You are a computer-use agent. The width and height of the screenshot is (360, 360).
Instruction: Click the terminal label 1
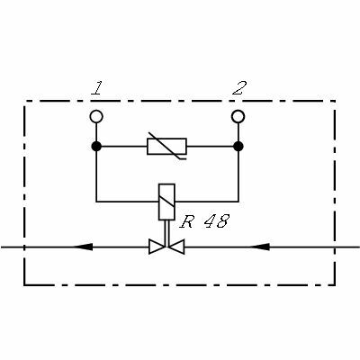96,88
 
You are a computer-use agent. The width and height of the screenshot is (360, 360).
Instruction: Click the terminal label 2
239,88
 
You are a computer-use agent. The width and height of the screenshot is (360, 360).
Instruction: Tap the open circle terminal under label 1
96,116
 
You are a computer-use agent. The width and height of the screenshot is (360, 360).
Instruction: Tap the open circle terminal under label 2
238,116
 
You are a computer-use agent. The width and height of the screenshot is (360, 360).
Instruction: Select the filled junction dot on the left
96,147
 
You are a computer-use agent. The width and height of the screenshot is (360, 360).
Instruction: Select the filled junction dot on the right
238,147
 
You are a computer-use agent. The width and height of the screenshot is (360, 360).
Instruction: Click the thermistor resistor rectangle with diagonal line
166,147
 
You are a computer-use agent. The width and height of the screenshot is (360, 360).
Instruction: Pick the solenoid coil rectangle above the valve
166,202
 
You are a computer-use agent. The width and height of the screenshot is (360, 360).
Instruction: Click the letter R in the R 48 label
186,221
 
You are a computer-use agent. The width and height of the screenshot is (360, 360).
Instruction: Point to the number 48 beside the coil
217,221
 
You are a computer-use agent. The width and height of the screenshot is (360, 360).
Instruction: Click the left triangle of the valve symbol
157,247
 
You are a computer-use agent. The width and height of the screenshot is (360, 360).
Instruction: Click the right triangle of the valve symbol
176,247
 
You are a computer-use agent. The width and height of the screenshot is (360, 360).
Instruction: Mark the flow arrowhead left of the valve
83,247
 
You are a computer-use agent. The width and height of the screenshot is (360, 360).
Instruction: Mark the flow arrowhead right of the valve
260,247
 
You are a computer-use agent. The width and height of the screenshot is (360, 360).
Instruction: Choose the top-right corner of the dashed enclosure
335,101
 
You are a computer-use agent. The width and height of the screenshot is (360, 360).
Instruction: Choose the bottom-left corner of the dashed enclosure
24,285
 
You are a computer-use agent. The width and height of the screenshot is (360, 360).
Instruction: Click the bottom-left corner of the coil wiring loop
96,202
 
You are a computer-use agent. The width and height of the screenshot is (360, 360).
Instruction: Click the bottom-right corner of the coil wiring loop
238,202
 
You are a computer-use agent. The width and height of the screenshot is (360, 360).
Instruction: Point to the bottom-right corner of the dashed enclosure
335,285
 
